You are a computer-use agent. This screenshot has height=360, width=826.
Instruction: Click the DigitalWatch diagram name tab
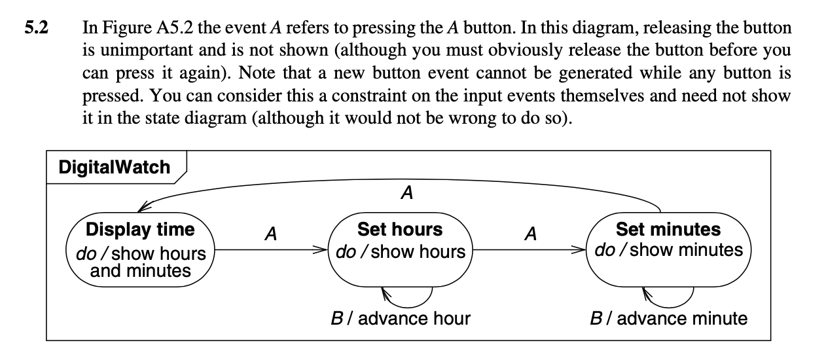tap(114, 167)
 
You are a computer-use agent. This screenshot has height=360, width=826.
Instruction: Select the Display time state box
tap(141, 249)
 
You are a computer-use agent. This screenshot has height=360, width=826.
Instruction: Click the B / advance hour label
tap(401, 319)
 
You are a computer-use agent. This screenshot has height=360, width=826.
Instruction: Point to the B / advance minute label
tap(668, 319)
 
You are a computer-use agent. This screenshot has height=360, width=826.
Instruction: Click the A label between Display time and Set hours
tap(269, 233)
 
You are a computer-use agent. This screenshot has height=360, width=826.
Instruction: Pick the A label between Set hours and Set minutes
tap(531, 233)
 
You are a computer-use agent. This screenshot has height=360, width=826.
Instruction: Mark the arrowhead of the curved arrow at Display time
tap(142, 208)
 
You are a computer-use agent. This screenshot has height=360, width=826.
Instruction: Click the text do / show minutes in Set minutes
tap(668, 250)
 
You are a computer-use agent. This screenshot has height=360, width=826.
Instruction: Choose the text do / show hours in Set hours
tap(400, 251)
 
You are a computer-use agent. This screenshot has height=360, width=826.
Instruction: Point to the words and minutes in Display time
tap(140, 270)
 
